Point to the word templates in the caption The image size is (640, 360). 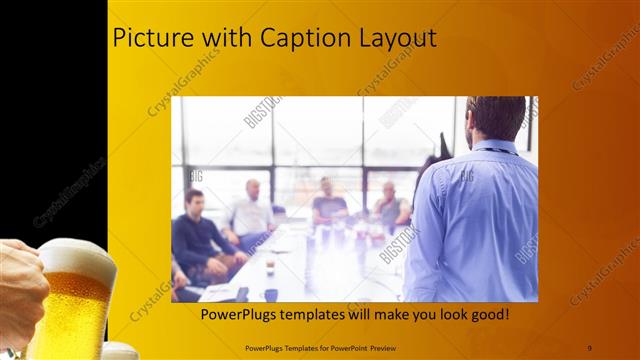click(x=319, y=314)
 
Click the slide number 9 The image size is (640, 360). click(x=590, y=347)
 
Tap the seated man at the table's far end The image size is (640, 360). click(x=327, y=201)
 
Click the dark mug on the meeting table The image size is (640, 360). click(x=271, y=294)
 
